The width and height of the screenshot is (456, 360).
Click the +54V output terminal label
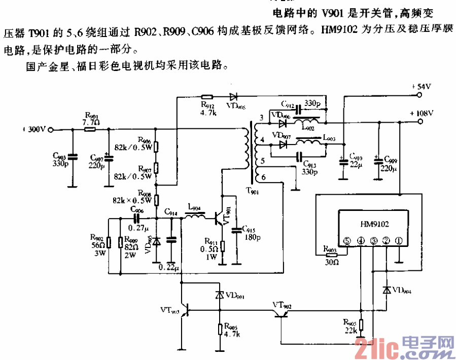tap(420, 87)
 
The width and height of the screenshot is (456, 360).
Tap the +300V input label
tap(34, 130)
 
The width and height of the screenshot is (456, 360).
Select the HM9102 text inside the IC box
tap(374, 223)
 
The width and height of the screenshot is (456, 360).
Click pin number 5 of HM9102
tap(348, 240)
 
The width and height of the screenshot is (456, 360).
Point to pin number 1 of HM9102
tap(399, 240)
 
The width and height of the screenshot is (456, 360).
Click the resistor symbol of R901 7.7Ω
tap(90, 130)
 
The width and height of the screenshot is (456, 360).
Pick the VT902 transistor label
tap(282, 305)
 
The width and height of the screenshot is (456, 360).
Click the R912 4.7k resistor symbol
tap(207, 96)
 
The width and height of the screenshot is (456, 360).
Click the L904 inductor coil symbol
tap(195, 219)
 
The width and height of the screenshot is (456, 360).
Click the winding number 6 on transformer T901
tap(262, 178)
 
